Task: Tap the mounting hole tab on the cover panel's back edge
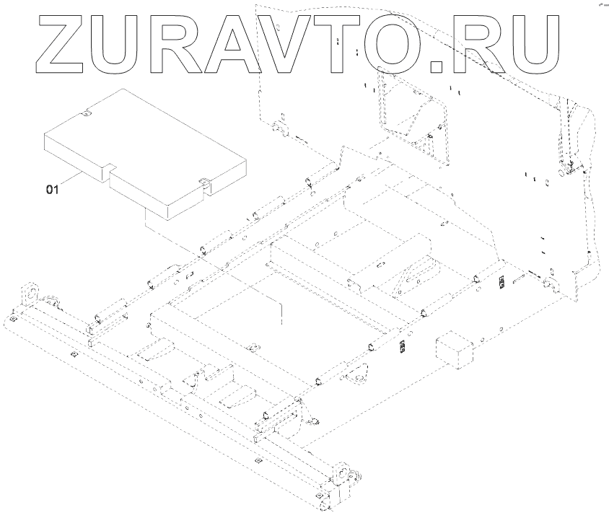(86, 113)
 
